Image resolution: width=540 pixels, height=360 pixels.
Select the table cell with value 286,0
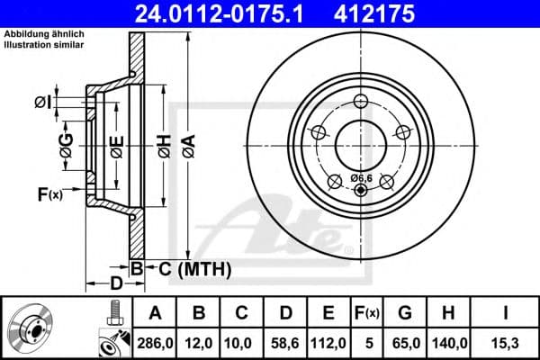(x=155, y=342)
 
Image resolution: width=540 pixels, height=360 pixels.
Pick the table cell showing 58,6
(x=285, y=342)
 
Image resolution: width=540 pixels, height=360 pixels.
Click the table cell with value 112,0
(x=328, y=342)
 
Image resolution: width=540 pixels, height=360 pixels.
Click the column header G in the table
(x=405, y=312)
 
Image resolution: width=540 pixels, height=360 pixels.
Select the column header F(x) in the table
(x=367, y=312)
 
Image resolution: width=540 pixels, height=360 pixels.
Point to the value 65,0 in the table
(x=405, y=342)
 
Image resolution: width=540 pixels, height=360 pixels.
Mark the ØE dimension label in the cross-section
(x=117, y=147)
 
